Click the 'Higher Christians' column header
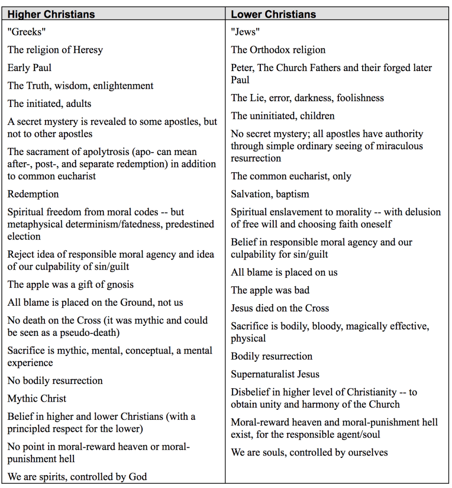51,14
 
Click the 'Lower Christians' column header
273,14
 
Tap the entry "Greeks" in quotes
27,32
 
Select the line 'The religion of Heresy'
55,50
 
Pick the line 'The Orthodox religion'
278,50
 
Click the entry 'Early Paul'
29,68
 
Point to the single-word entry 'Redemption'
33,194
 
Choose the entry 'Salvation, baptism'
270,194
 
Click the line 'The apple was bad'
270,290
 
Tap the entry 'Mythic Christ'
37,399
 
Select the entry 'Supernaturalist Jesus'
275,374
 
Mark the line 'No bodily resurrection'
55,381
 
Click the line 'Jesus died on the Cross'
280,308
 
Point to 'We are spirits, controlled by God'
77,477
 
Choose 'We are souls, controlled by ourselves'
309,452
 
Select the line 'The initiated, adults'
49,104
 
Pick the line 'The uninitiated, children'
283,116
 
